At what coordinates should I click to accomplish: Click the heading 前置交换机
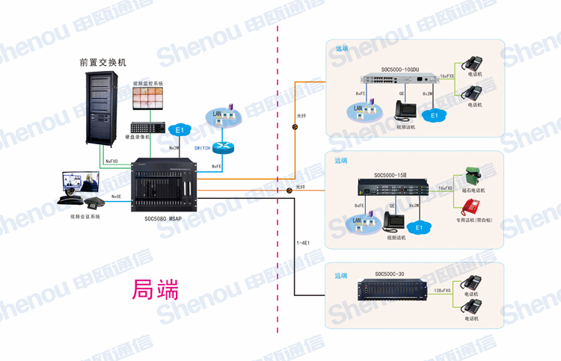(x=102, y=62)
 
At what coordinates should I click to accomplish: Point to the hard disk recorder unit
(x=147, y=126)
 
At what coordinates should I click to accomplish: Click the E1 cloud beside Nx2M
(x=180, y=131)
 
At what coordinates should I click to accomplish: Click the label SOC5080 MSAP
(x=163, y=219)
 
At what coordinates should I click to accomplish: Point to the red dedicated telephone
(x=472, y=206)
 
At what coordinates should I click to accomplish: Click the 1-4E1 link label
(x=304, y=243)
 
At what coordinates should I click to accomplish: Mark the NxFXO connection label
(x=112, y=161)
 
